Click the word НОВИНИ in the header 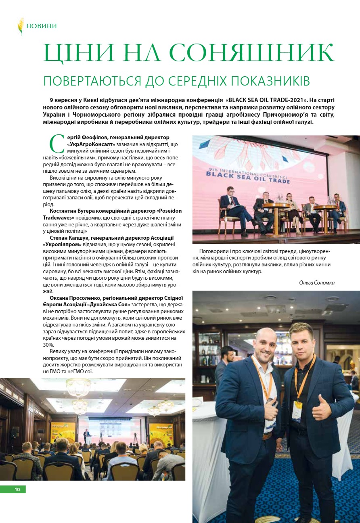coord(42,26)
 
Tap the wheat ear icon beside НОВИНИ coord(20,26)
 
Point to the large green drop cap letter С coord(56,144)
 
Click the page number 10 coord(17,490)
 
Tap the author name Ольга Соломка coord(317,282)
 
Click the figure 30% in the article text coord(49,345)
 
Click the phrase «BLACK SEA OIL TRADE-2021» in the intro coord(269,99)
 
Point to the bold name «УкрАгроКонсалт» coord(92,144)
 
